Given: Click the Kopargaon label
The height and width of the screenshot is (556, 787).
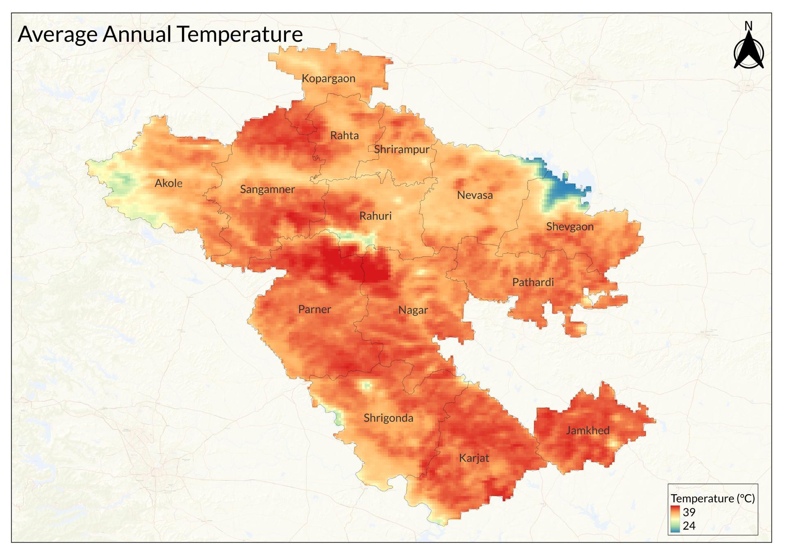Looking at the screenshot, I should point(328,79).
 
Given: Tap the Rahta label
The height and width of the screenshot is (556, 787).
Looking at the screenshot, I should point(344,136).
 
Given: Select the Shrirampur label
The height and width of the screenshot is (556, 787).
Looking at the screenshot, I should point(402,149).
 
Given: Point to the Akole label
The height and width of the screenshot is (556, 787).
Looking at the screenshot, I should point(168,183).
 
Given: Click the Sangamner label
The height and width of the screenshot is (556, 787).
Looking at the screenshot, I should point(267,190).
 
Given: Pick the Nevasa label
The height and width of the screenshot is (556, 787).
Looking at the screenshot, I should point(475,195).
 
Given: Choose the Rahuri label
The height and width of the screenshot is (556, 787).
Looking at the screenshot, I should point(375,216).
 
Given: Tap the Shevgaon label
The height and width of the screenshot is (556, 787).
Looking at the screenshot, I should point(570,227).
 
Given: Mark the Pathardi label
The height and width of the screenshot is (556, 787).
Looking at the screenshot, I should point(533,283).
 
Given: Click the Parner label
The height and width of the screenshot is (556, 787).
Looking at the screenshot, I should point(314,310).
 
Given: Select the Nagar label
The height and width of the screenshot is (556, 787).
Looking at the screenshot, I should point(413,310).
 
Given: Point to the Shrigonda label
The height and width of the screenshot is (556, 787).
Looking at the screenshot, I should point(388,418).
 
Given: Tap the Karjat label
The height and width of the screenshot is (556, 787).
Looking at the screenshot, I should point(474,458).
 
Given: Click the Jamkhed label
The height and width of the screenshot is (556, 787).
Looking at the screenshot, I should point(587,431).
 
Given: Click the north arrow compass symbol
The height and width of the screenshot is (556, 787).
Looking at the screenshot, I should point(748,51).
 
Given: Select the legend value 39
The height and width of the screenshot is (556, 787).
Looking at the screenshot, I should point(689,512).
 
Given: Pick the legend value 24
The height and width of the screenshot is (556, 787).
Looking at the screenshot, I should point(689,526).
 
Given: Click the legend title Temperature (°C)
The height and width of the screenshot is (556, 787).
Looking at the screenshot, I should point(712,498).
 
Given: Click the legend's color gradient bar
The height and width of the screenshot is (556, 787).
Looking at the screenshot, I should point(676,519).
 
